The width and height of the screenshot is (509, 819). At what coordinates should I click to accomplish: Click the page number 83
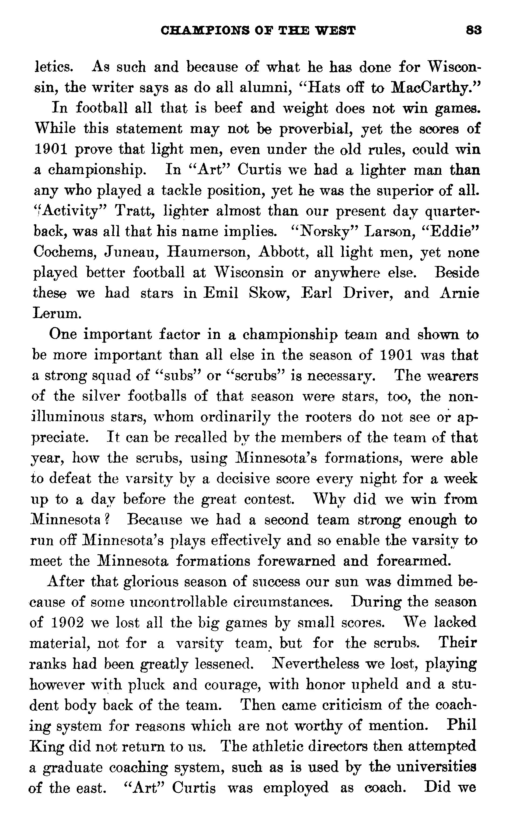coord(474,31)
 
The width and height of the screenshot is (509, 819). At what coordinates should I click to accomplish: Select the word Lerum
coord(57,314)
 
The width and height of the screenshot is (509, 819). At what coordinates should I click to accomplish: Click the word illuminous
coord(67,417)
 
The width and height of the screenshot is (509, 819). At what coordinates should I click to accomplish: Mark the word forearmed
coord(413,561)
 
